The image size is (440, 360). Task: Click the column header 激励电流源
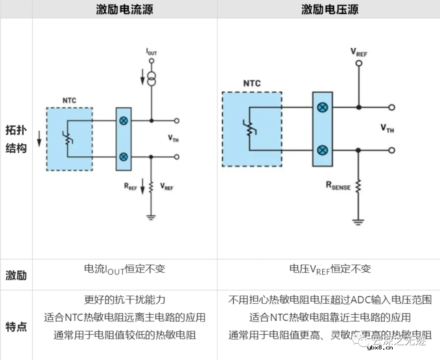125,9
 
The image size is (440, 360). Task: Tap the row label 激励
16,275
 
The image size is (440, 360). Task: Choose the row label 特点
16,326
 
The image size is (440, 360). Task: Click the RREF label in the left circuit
130,187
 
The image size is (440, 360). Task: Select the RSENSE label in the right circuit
338,186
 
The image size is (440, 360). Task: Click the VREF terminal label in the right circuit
359,52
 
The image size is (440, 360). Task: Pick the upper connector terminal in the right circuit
322,108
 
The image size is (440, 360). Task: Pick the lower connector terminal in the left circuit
123,157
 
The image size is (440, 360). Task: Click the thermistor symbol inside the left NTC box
68,139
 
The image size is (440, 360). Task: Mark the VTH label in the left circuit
173,139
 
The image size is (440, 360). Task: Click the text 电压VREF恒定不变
330,269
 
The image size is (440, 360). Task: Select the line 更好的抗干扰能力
124,300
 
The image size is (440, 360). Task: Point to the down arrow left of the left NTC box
39,139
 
